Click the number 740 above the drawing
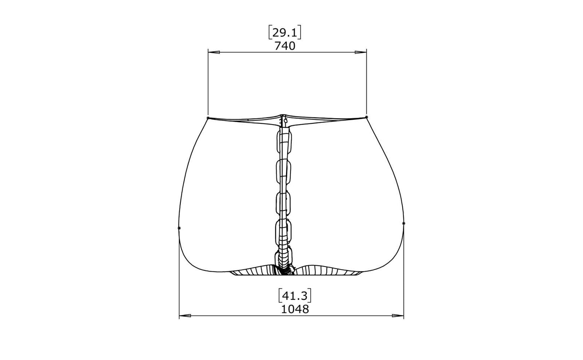click(x=285, y=46)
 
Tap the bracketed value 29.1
click(x=285, y=33)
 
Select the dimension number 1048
click(x=295, y=309)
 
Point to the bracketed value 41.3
click(x=295, y=296)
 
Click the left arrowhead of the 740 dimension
click(x=214, y=52)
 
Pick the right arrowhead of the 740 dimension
click(x=361, y=52)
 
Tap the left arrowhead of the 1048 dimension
click(x=185, y=316)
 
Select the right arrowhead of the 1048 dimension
click(x=398, y=316)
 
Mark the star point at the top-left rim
click(x=208, y=118)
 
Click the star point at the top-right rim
click(x=366, y=117)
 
